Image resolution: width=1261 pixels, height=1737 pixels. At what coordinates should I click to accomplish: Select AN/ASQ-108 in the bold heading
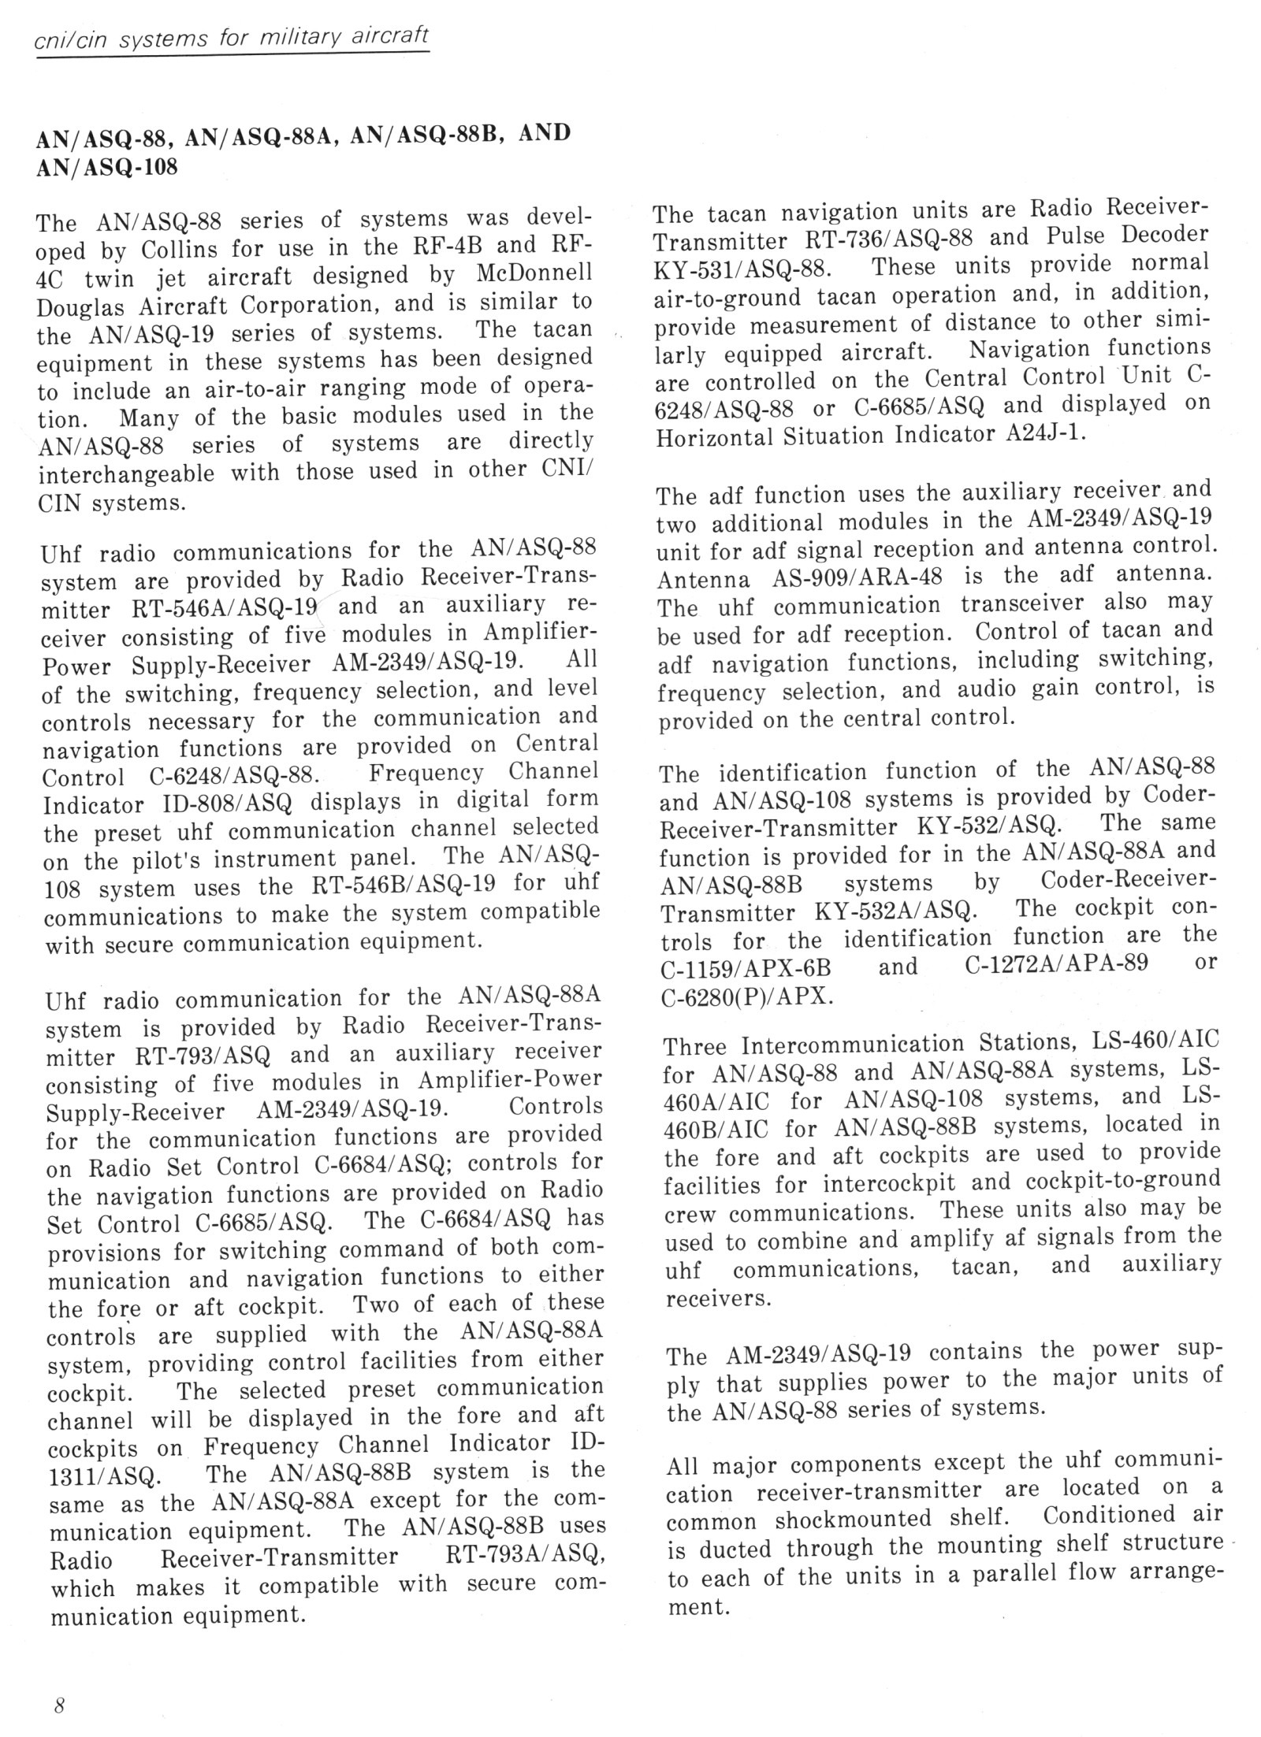(107, 167)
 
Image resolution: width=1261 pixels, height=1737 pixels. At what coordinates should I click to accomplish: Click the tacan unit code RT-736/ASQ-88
(885, 239)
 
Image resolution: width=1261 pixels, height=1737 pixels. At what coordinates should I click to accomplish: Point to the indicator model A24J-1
(1048, 432)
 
